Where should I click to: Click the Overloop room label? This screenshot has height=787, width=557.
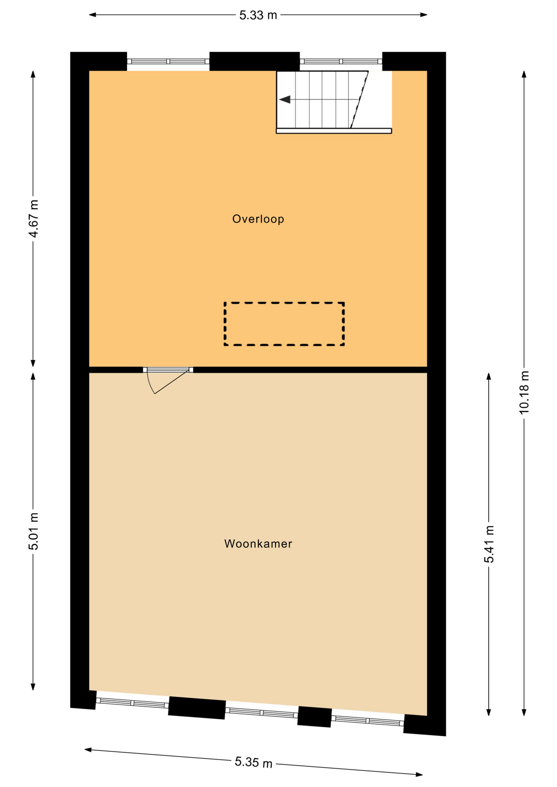click(x=258, y=219)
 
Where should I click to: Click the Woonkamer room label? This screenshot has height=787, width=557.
click(x=258, y=544)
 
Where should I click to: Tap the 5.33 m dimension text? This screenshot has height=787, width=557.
click(x=258, y=15)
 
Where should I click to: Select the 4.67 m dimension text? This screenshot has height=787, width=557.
click(x=33, y=218)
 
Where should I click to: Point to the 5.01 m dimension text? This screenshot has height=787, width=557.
click(x=33, y=531)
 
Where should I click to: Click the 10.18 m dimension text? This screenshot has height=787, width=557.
click(x=524, y=392)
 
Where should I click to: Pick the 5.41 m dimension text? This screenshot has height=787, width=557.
click(x=489, y=544)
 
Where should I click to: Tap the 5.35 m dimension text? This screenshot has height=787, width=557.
click(x=253, y=762)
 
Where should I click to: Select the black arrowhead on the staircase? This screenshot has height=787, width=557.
click(x=285, y=100)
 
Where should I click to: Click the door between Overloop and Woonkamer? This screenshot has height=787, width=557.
click(x=168, y=370)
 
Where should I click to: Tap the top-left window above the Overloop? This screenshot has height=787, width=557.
click(x=168, y=61)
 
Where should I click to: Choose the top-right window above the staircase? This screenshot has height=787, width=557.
click(x=341, y=61)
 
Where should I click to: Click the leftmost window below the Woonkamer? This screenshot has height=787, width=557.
click(x=132, y=703)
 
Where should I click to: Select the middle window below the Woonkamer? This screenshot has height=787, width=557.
click(x=262, y=713)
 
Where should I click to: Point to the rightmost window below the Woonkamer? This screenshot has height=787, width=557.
click(x=368, y=721)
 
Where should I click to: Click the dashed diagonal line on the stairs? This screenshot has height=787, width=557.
click(x=359, y=100)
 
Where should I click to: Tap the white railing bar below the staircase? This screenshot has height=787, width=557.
click(x=334, y=131)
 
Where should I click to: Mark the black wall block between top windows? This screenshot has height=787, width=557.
click(x=255, y=61)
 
